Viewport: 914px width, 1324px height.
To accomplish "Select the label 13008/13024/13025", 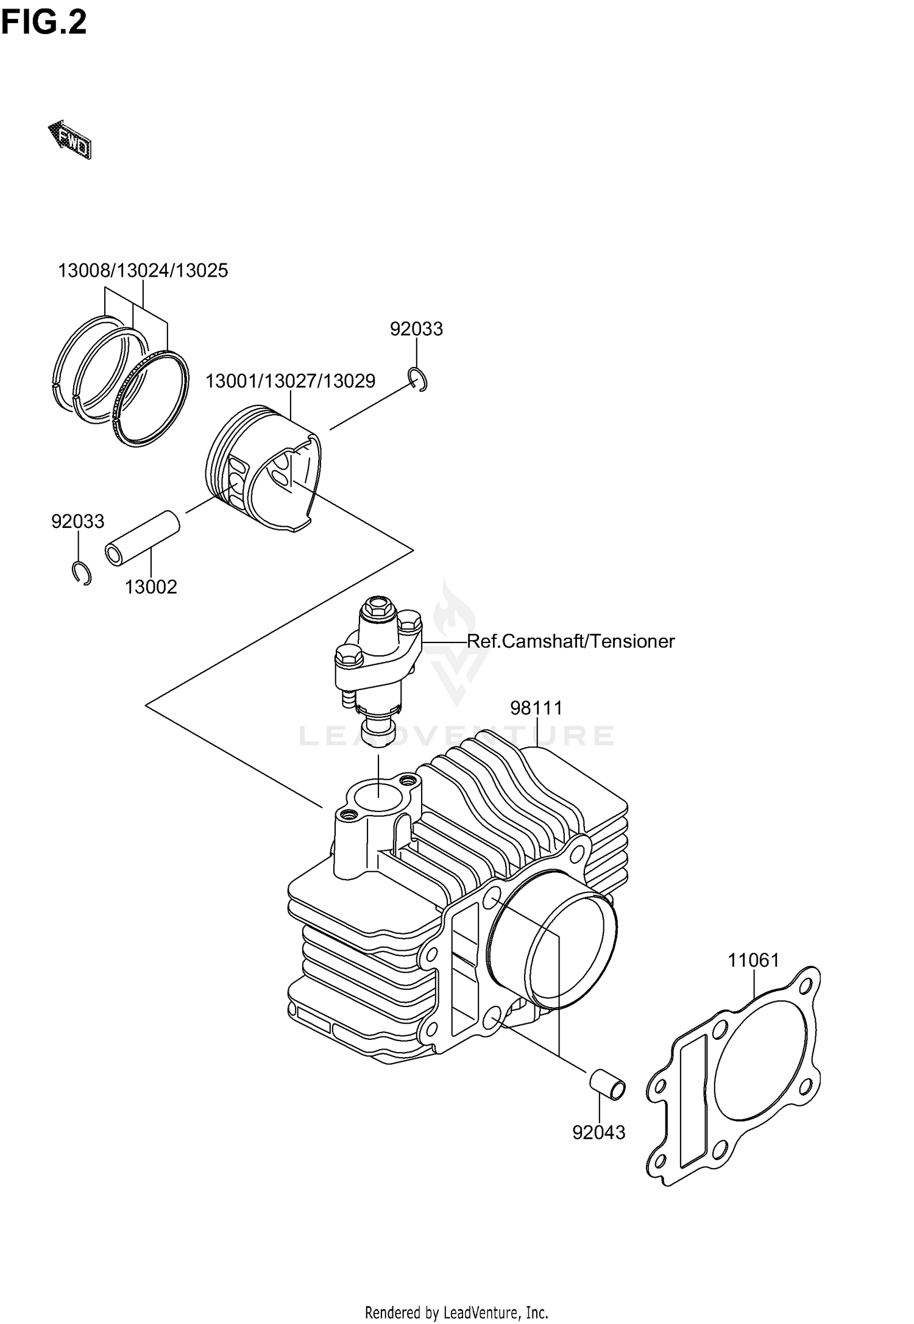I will click(143, 270).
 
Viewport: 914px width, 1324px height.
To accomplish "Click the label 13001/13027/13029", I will click(290, 381).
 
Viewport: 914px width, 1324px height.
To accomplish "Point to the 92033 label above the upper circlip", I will click(416, 329).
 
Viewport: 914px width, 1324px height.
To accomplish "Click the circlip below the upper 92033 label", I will click(419, 380).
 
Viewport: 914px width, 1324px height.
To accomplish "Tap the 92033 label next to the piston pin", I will click(78, 522).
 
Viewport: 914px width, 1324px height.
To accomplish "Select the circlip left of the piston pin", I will click(80, 574).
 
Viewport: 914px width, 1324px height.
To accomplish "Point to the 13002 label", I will click(151, 587).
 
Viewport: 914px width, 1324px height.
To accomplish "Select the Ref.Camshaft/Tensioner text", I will click(571, 641).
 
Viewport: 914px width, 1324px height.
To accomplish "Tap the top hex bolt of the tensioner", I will click(378, 607).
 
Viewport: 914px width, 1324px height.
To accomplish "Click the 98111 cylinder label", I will click(536, 708).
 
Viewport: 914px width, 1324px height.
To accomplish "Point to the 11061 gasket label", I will click(754, 961).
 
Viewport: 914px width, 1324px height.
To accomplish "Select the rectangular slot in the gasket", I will click(693, 1092).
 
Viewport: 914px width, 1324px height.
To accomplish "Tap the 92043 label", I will click(599, 1133).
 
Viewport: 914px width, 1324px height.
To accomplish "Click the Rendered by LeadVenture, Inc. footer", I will click(456, 1312).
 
